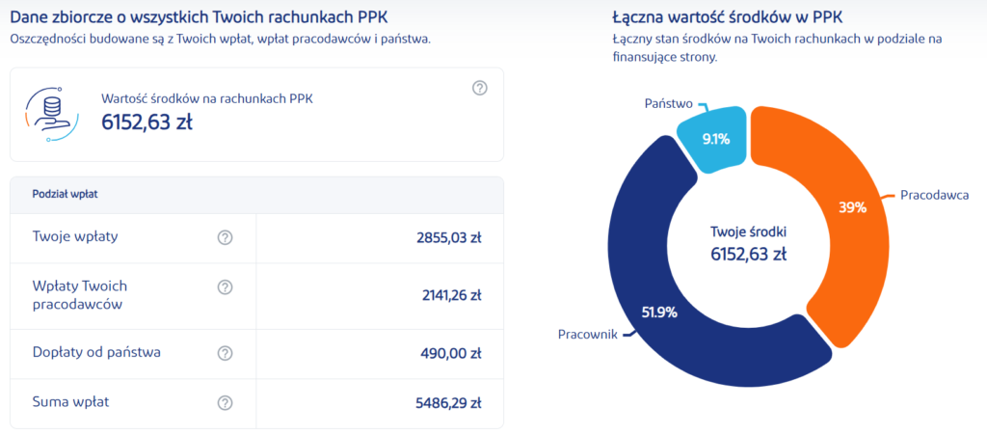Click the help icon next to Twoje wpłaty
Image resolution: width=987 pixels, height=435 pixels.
tap(226, 237)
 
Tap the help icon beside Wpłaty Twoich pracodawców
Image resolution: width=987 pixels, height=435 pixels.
tap(226, 287)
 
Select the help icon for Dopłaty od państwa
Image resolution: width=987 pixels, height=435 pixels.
tap(226, 353)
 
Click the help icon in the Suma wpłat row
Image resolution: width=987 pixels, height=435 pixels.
tap(226, 403)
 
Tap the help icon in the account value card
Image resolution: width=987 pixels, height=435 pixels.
tap(480, 88)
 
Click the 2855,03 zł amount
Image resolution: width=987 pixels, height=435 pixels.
tap(445, 237)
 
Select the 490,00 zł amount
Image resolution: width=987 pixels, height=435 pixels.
tap(450, 353)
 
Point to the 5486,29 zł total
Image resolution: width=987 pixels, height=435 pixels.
tap(445, 403)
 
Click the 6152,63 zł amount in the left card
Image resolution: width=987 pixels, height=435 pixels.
tap(146, 122)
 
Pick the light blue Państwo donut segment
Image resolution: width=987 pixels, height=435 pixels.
tap(714, 139)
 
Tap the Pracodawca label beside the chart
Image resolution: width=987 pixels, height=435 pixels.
tap(934, 195)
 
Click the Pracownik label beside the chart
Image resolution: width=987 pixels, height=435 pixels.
tap(588, 334)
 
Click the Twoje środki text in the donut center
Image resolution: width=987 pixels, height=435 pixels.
tap(748, 232)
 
